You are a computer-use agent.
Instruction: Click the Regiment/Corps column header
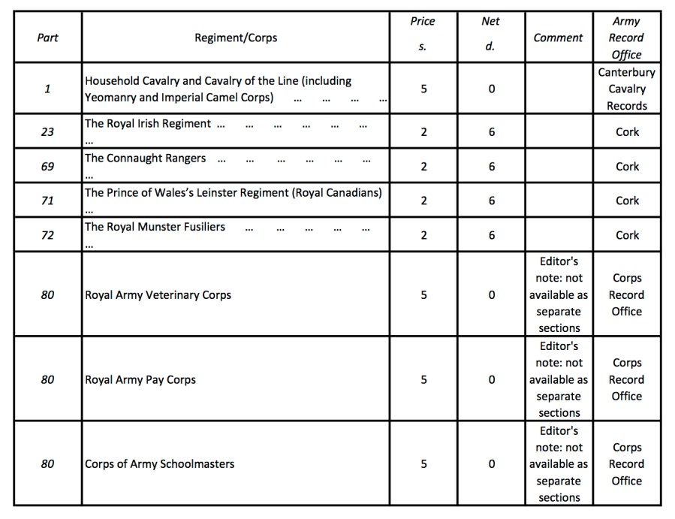point(236,38)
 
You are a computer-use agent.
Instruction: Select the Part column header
point(47,38)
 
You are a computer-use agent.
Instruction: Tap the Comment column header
point(558,38)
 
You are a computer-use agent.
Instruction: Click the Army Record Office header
point(626,38)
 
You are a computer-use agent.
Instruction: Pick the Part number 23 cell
point(47,132)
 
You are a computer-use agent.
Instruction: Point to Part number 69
point(47,167)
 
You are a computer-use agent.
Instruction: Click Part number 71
point(47,201)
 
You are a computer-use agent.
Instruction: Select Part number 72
point(47,236)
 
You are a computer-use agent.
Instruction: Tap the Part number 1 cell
point(47,89)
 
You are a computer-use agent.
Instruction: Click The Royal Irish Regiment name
point(148,124)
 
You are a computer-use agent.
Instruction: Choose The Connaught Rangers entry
point(145,158)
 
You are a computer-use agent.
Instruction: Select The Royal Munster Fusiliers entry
point(155,227)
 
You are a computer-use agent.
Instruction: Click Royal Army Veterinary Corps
point(158,295)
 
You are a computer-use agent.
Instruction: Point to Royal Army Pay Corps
point(140,380)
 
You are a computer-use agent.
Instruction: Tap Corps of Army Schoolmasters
point(159,464)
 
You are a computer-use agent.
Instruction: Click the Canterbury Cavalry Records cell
point(626,89)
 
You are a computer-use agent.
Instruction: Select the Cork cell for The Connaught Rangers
point(627,167)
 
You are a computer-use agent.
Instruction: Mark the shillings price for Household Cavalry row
point(423,89)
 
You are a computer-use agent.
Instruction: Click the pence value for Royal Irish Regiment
point(491,132)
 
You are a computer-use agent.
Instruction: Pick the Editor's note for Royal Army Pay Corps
point(559,380)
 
